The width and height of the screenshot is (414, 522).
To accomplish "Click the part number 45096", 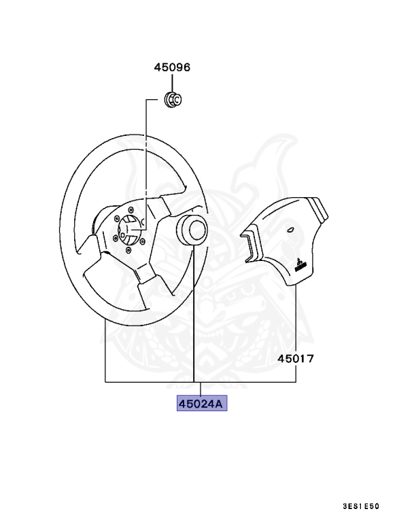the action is pyautogui.click(x=172, y=67).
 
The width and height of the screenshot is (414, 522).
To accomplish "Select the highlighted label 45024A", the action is pyautogui.click(x=201, y=403).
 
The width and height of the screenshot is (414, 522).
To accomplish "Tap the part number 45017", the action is pyautogui.click(x=296, y=359).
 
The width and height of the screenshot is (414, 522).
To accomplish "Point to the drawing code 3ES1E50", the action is pyautogui.click(x=361, y=506).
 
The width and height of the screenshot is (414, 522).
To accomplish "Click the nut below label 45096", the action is pyautogui.click(x=173, y=99).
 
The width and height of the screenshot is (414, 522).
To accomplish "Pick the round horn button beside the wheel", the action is pyautogui.click(x=192, y=229).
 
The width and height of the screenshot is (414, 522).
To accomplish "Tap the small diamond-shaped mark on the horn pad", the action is pyautogui.click(x=290, y=229).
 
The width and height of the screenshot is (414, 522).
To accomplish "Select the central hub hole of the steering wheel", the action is pyautogui.click(x=128, y=230).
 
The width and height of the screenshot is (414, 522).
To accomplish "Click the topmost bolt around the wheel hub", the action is pyautogui.click(x=131, y=209).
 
